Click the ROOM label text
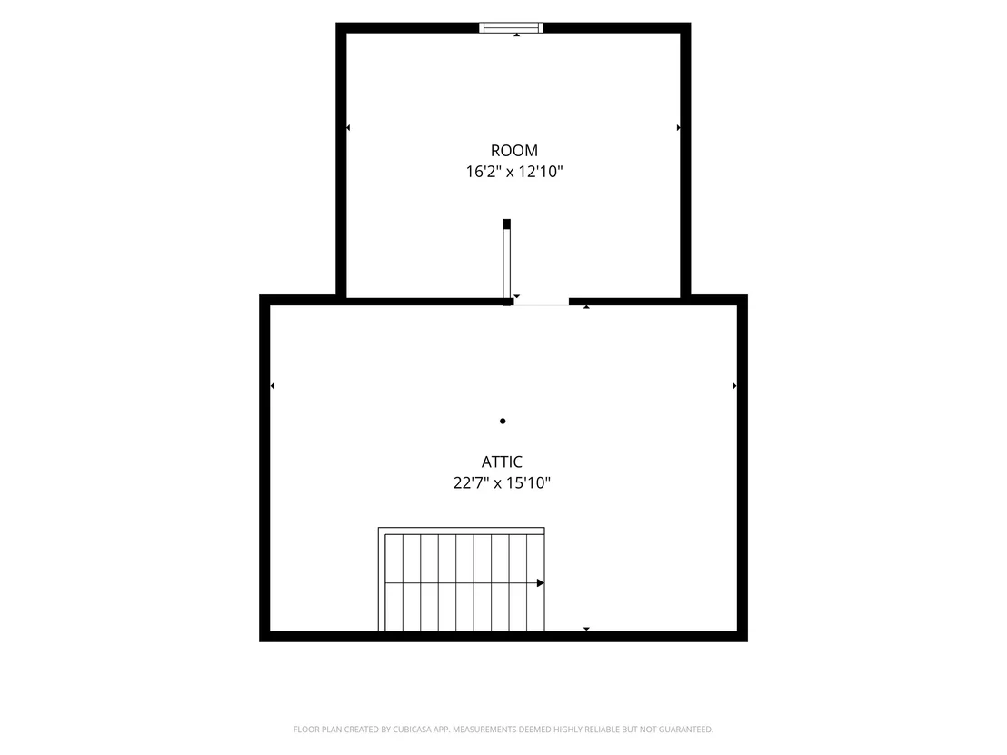514,151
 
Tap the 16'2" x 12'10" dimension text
514,172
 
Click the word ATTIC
503,462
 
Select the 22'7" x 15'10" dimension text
503,482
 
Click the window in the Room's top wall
511,27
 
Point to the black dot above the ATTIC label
503,422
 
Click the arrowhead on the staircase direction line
541,583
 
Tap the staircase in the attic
461,579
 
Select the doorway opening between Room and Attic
541,302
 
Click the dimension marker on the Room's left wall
348,128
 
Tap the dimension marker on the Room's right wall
679,128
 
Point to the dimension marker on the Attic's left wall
273,386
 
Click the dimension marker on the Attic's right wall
734,386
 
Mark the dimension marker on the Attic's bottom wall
586,629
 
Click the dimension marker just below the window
517,35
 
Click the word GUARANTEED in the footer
690,730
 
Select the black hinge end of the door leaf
507,224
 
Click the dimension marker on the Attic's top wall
586,307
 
